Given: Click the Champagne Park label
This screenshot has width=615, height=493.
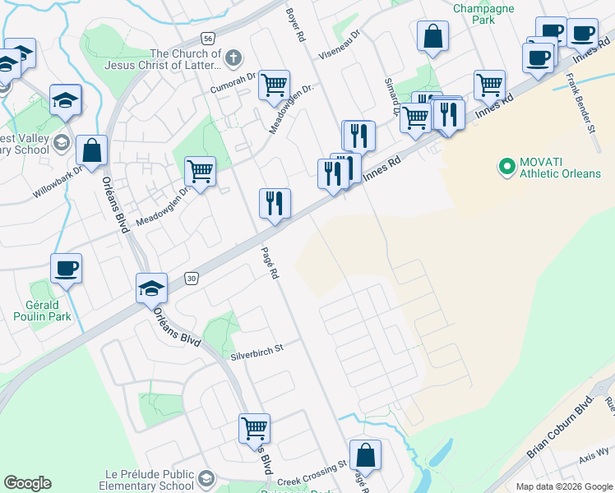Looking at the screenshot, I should click(x=482, y=9).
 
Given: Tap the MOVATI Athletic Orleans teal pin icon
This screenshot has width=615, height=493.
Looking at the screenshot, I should click(x=507, y=168).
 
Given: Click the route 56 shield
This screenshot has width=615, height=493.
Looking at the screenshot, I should click(x=208, y=39).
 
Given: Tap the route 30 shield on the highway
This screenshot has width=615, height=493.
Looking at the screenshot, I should click(x=191, y=279).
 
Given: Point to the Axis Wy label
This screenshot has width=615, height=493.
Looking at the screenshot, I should click(x=594, y=474).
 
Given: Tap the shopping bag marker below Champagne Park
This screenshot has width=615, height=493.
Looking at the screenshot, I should click(x=432, y=37).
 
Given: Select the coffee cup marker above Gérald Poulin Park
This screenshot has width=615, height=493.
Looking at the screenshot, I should click(x=66, y=268).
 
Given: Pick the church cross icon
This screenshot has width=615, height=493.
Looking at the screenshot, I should click(x=234, y=58).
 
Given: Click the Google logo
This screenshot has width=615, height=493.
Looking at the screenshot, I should click(x=27, y=483).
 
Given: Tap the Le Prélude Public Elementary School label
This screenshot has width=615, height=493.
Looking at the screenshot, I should click(x=148, y=480).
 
